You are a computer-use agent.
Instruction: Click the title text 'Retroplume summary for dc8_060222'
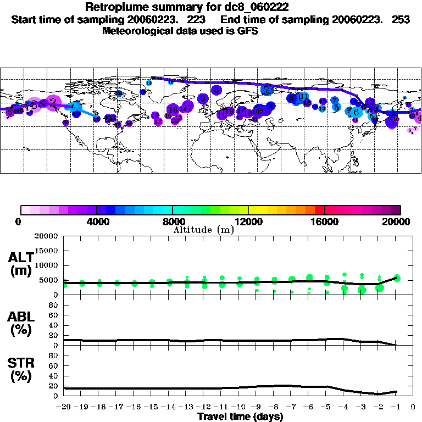pos(187,7)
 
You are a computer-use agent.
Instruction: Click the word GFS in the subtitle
pos(247,31)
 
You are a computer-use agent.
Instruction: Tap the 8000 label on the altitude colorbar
pos(173,221)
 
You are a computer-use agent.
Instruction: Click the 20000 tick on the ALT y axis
pos(46,236)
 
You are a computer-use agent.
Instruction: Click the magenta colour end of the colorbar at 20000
pos(397,210)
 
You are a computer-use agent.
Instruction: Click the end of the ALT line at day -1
pos(397,277)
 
